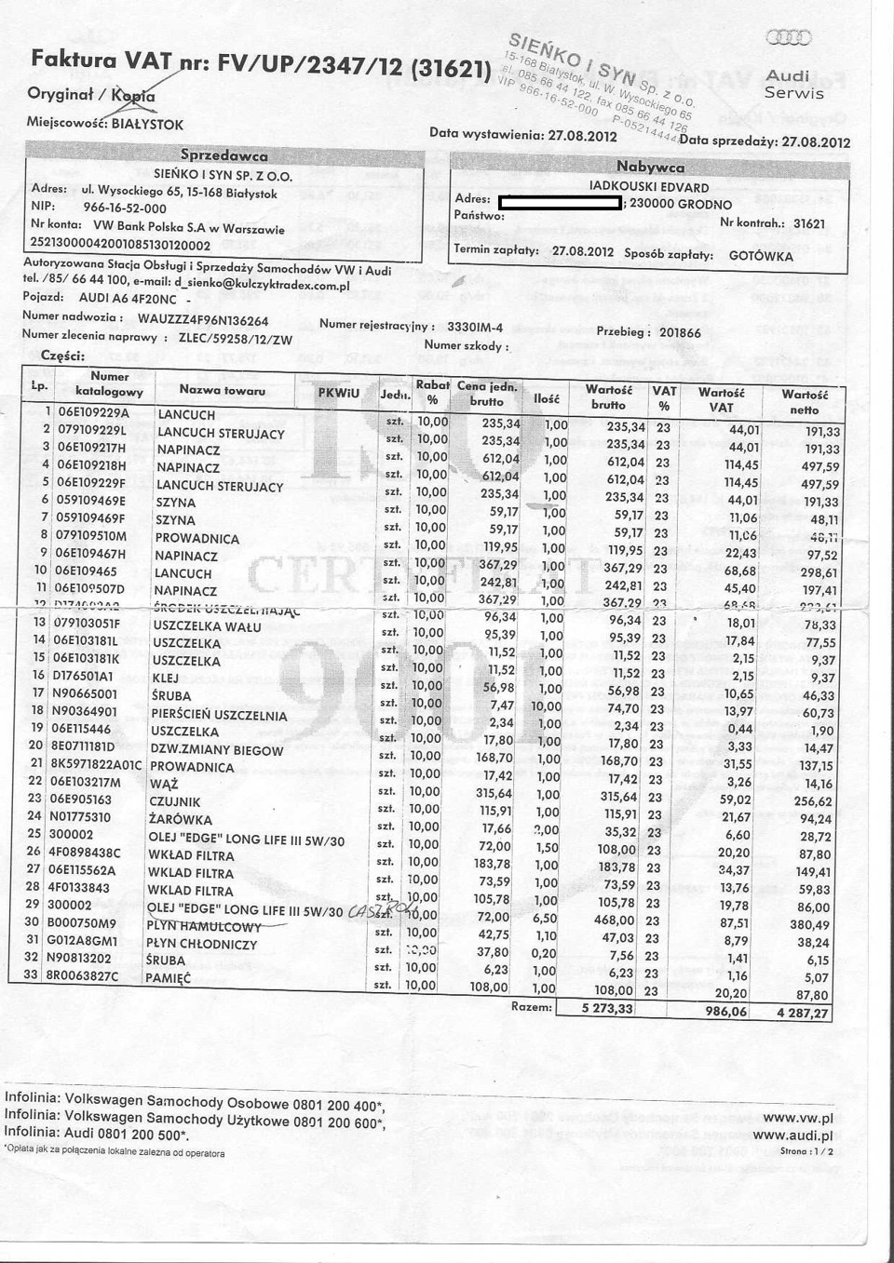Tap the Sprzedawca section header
223,155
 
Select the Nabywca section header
650,168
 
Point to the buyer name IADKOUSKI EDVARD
649,187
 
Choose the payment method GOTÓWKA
761,256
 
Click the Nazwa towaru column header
223,391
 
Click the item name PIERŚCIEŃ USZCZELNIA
218,715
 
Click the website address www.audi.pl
792,1135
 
